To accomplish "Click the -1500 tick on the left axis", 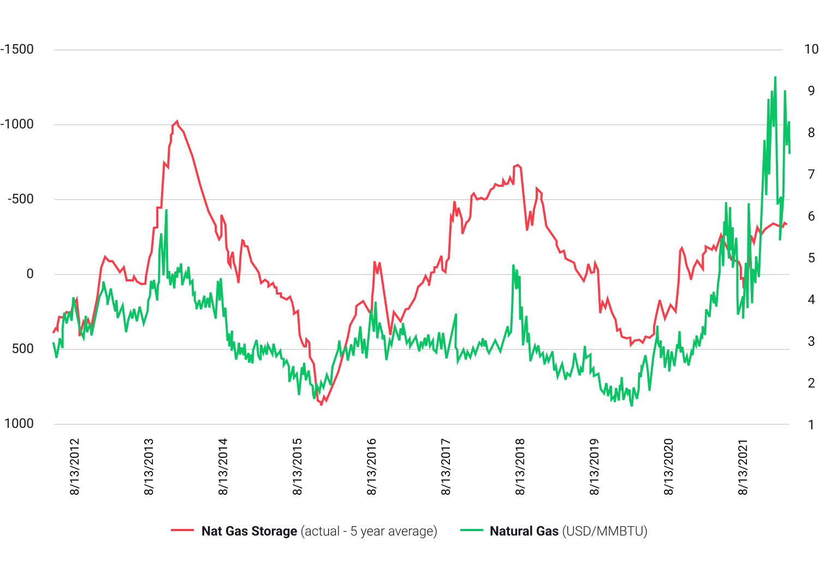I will coord(17,49).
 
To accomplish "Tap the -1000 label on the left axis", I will coord(17,124).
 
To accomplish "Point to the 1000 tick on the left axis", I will coord(19,423).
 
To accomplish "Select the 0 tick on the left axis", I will coord(30,274).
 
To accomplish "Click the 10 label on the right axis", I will coord(811,49).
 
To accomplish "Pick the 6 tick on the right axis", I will coord(811,216).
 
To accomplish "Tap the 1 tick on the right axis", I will coord(811,425).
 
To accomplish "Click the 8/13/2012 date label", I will coord(75,467).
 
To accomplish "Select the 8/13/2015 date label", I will coord(298,467).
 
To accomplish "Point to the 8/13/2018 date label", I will coord(520,467).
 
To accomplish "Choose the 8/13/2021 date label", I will coord(743,467).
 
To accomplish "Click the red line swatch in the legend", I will coord(182,531).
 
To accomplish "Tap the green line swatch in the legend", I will coord(471,531).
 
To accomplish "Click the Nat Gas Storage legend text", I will coord(249,531).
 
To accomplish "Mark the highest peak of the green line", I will coord(775,78).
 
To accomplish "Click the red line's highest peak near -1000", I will coord(177,121).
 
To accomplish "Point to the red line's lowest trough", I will coord(322,405).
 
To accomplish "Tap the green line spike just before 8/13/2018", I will coord(514,266).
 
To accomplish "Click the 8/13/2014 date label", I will coord(223,467).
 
